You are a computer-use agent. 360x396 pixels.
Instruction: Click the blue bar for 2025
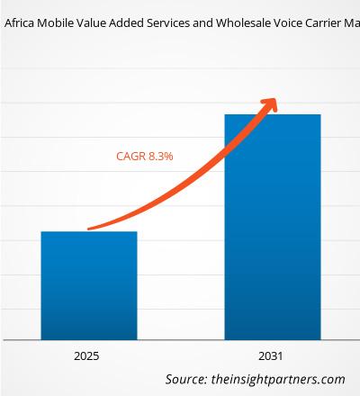pos(88,284)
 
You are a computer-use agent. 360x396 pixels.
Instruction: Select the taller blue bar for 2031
pos(272,225)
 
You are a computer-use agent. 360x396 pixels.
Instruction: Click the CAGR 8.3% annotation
pos(144,156)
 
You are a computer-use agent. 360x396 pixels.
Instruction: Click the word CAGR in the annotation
pos(130,156)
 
